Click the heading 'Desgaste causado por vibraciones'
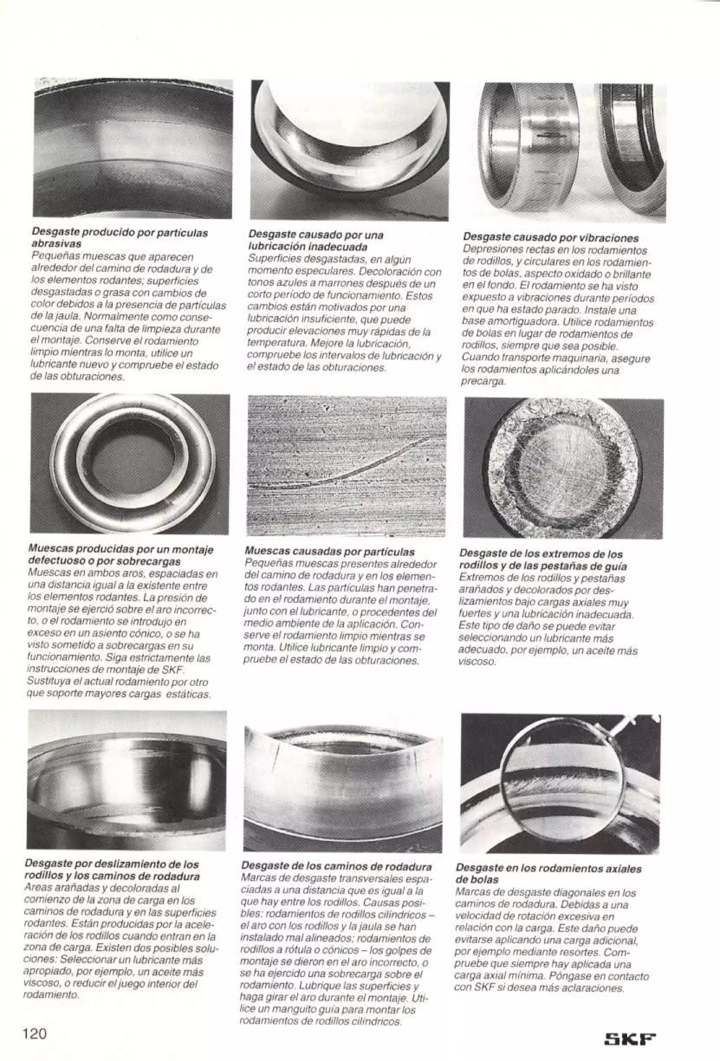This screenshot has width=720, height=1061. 551,238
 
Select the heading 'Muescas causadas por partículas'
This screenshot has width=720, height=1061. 330,552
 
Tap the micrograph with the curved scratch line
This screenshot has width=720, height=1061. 347,466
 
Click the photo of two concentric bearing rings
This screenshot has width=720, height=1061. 130,464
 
